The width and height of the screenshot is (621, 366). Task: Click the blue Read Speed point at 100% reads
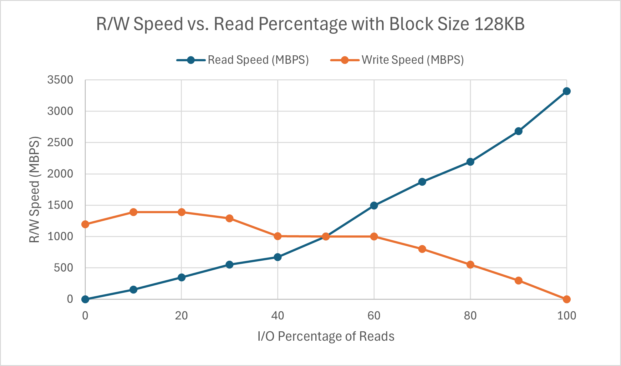tap(567, 91)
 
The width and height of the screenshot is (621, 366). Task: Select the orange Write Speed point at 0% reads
tap(85, 224)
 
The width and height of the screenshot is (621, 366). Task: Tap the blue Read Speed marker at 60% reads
tap(374, 205)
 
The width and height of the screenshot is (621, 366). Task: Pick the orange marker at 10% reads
tap(133, 212)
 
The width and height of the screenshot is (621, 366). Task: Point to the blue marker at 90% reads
tap(518, 131)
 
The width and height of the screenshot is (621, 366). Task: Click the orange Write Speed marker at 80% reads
tap(470, 265)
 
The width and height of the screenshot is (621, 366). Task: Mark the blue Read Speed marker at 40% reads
tap(277, 257)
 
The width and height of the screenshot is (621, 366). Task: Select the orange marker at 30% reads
tap(229, 218)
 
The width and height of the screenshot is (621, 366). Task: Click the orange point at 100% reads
tap(567, 299)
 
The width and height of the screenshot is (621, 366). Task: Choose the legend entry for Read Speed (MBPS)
tap(258, 60)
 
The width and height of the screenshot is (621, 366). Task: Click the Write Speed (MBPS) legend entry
tap(412, 60)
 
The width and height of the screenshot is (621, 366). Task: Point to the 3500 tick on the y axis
tap(60, 80)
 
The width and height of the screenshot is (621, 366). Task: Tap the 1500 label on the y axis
tap(60, 205)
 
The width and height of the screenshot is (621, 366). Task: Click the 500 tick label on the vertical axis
tap(63, 268)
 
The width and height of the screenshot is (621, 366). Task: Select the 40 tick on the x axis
tap(277, 316)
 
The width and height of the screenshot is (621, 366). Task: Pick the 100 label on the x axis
tap(567, 316)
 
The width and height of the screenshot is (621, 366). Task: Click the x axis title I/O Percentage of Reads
tap(326, 336)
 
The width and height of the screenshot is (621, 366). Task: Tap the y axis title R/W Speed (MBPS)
tap(34, 190)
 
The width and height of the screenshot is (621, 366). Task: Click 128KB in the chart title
tap(500, 24)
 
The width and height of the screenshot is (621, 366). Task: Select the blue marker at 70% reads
tap(422, 182)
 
